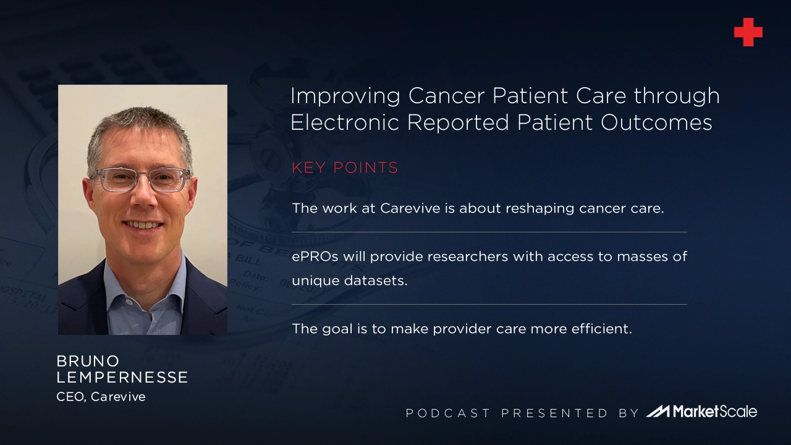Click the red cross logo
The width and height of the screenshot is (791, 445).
point(748,32)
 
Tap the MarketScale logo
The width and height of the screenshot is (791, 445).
point(702,412)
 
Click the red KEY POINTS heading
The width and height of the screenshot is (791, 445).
point(345,168)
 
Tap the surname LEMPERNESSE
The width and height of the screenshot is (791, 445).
point(122,378)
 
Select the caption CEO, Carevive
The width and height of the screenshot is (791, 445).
point(101,397)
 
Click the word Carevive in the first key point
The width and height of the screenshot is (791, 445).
point(410,208)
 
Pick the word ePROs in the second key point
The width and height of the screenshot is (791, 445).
point(315,256)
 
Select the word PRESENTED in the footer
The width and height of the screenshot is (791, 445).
point(554,413)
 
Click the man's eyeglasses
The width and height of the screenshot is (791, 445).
point(142,179)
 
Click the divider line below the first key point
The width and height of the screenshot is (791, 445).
point(489,232)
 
